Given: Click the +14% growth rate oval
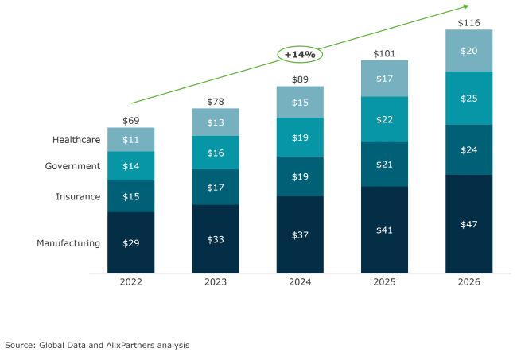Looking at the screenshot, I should (x=301, y=55).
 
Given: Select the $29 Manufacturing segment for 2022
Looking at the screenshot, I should (x=131, y=242).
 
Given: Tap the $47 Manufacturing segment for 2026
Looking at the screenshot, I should (x=468, y=224).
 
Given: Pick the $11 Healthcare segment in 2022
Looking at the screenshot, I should (x=131, y=140).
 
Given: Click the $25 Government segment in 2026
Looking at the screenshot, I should (x=468, y=98).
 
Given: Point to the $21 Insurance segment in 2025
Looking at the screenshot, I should (x=384, y=165).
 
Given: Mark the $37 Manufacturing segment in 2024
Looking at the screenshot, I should (x=300, y=234).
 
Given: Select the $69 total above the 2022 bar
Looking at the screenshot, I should (x=131, y=119).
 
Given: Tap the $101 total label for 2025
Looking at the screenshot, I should (x=384, y=52).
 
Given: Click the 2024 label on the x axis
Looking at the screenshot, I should (x=300, y=282).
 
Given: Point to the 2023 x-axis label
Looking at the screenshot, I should (x=216, y=282).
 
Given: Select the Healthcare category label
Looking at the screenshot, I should (x=76, y=140).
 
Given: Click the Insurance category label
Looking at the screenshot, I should (x=78, y=196).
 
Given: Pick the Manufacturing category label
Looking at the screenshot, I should (x=68, y=243).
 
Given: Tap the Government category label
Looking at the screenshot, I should (x=72, y=166).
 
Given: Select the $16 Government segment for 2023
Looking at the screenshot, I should (x=216, y=152).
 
